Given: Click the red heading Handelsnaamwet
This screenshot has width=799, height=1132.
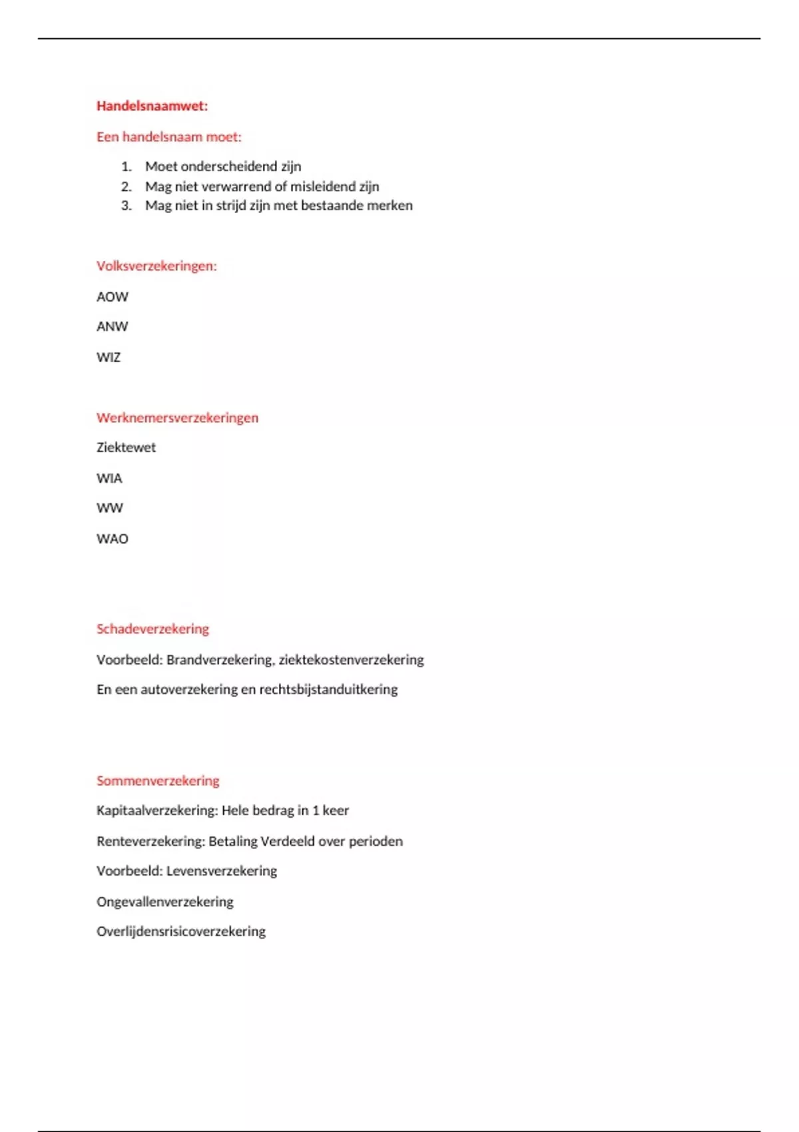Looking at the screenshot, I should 152,106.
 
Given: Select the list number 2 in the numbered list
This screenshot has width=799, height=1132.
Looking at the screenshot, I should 126,186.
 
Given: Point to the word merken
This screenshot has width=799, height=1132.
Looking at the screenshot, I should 390,206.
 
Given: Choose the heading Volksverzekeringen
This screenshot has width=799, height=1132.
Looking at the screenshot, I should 156,266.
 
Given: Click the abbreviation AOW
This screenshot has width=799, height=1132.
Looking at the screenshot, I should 112,297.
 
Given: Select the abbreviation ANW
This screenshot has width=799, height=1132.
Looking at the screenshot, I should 112,327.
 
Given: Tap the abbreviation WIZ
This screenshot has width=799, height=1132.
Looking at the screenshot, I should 109,358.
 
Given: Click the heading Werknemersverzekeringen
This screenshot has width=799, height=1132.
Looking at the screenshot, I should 177,418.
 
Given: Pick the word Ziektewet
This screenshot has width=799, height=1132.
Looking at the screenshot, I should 126,447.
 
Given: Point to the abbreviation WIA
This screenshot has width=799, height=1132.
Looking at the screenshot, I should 109,479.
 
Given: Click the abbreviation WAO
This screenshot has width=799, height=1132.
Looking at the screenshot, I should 112,539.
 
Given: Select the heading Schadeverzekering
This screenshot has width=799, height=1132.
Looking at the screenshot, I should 152,629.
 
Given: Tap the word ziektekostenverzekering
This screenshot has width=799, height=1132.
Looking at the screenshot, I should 351,660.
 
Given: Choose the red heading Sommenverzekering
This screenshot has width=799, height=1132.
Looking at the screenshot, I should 158,781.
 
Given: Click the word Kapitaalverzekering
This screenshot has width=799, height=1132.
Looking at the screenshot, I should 156,811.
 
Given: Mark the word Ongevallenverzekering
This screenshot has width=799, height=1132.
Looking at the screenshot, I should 164,902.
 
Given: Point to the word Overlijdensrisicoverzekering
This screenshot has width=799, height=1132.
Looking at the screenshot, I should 180,932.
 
